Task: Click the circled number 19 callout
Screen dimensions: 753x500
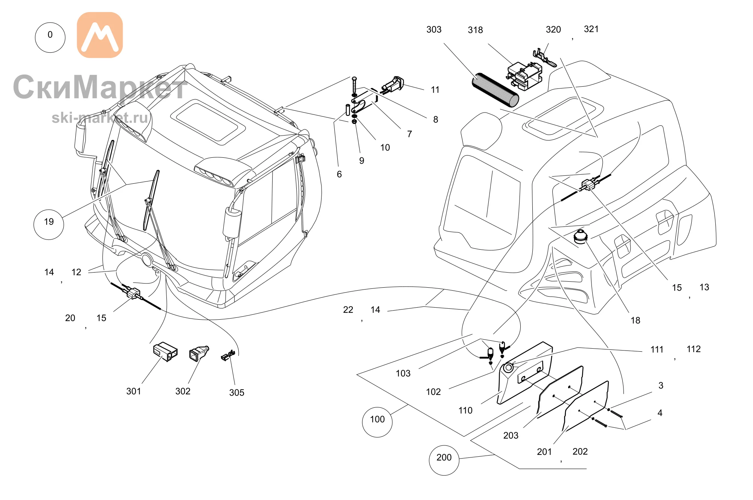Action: tap(49, 224)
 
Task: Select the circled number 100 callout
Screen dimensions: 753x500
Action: tap(377, 422)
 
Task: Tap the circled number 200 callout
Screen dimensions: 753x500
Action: tap(444, 460)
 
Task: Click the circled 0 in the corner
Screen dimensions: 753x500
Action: tap(50, 37)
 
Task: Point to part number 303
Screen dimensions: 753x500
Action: tap(434, 29)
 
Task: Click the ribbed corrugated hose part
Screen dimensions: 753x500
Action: tap(495, 90)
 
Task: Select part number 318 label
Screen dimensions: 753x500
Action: tap(475, 30)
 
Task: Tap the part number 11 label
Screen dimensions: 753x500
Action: tap(435, 90)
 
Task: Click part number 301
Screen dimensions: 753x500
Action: tap(134, 391)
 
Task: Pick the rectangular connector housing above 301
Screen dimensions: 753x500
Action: tap(165, 352)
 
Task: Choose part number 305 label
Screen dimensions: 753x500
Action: tap(237, 393)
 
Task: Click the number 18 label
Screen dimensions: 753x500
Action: tap(636, 320)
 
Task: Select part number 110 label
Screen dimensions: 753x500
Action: tap(465, 410)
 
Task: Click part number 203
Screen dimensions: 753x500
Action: tap(511, 435)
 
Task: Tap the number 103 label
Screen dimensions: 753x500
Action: tap(403, 373)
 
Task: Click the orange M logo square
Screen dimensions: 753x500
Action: tap(100, 35)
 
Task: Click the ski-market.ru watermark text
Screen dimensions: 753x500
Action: tap(100, 118)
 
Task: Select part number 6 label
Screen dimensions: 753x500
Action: tap(339, 174)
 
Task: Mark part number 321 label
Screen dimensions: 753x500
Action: tap(591, 29)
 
